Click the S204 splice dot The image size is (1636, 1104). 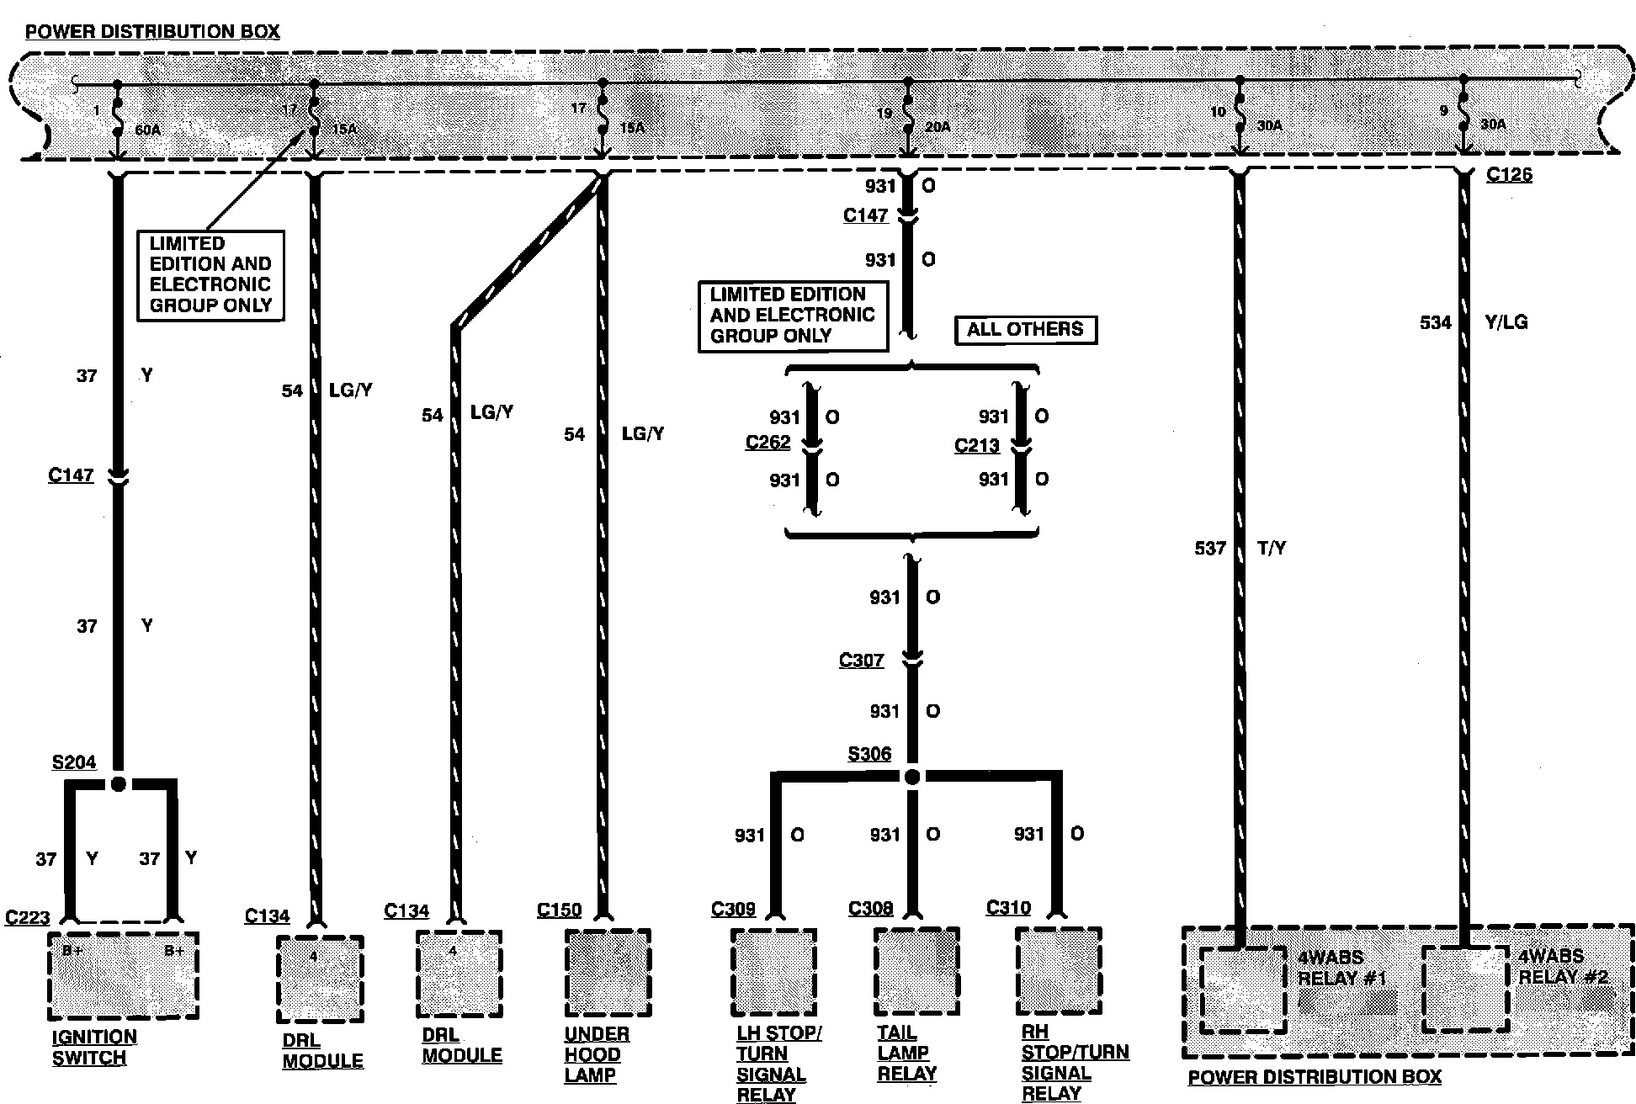pos(119,784)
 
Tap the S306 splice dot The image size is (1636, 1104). pos(912,777)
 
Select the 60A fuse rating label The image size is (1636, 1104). pos(147,130)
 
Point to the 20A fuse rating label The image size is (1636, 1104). pos(937,127)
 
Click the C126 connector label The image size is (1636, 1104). pos(1509,175)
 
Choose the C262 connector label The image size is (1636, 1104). pos(768,443)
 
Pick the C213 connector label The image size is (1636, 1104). pos(976,445)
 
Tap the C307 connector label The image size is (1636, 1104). pos(861,661)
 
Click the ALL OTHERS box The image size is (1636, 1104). pos(1025,329)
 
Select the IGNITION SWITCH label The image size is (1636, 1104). pos(93,1048)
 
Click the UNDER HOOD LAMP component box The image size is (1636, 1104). pos(608,972)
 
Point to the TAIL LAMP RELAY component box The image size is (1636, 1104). pos(916,972)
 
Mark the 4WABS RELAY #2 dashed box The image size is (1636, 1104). pos(1465,989)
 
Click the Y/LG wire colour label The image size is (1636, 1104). pos(1506,322)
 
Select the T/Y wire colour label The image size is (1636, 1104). pos(1271,549)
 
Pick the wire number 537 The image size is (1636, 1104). pos(1209,549)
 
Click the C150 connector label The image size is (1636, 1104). pos(559,910)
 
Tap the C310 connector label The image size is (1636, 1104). pos(1008,908)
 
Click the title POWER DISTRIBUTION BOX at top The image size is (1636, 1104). pos(152,33)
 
